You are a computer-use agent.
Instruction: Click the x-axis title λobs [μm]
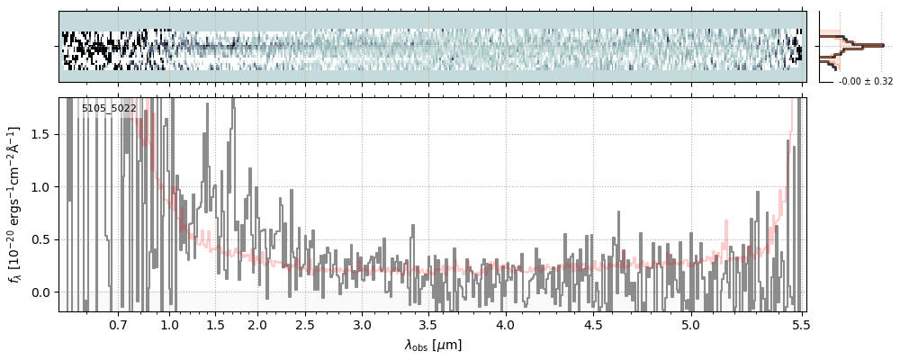click(x=433, y=345)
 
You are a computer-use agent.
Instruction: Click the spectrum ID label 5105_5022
click(x=109, y=108)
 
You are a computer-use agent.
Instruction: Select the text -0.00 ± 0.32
click(x=866, y=82)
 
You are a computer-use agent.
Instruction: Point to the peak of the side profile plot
click(x=883, y=45)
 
